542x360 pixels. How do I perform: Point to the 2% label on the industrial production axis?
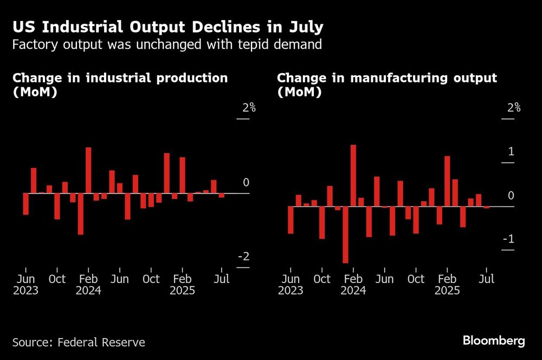249,108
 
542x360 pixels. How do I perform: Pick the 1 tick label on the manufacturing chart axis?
511,152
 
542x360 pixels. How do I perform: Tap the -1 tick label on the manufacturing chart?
507,240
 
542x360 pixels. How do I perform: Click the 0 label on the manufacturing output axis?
511,196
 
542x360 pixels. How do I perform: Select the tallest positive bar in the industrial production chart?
88,170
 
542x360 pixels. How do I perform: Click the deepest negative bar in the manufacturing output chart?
345,234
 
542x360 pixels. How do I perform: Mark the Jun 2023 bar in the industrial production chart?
25,204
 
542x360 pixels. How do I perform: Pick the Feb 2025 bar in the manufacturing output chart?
447,181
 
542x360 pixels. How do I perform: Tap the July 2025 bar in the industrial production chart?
222,195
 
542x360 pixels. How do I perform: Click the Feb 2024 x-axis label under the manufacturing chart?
353,285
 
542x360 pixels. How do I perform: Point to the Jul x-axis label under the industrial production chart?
222,279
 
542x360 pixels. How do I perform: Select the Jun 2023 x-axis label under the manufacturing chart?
291,285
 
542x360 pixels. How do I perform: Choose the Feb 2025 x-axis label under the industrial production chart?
182,285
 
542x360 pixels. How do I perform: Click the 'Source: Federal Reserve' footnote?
79,342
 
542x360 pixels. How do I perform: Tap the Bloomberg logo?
494,341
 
